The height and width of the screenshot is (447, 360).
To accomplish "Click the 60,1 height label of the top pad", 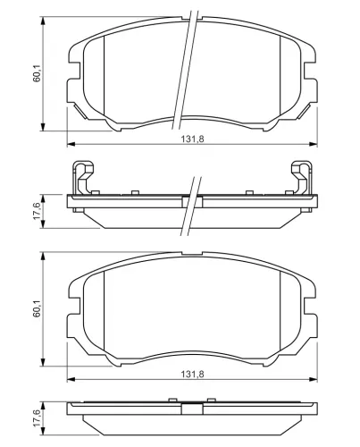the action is click(38, 73).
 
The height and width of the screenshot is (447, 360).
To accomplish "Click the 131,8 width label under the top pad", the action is click(193, 139).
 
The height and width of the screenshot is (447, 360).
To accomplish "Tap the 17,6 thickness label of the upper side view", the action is click(38, 211).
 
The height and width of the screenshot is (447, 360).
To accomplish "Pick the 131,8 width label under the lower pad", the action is click(193, 375).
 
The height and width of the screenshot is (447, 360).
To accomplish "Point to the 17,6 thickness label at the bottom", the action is click(38, 418).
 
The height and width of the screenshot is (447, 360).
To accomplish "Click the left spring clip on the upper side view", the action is click(83, 178).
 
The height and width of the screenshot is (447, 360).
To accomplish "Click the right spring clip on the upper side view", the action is click(302, 178).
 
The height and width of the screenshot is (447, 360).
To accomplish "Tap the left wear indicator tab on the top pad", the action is click(80, 112).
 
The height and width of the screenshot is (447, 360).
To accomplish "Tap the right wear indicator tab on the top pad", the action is click(305, 112).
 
